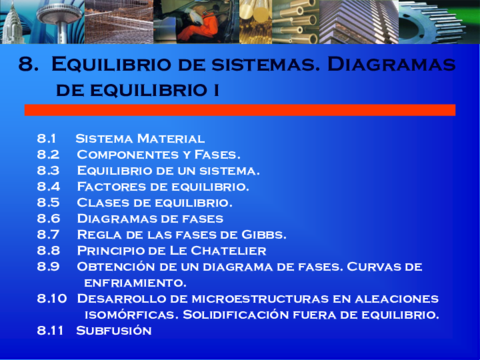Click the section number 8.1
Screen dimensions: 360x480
pos(47,138)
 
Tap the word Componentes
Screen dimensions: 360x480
pos(123,154)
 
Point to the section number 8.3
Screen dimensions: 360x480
pos(48,170)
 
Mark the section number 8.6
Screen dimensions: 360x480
pos(48,218)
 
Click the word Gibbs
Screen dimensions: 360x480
pos(261,234)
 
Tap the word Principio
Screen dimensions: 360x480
pos(113,250)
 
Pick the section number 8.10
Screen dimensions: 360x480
pos(51,298)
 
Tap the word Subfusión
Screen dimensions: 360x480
pos(114,330)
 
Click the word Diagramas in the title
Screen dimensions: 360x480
pos(396,66)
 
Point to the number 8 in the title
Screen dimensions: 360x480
pos(27,66)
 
